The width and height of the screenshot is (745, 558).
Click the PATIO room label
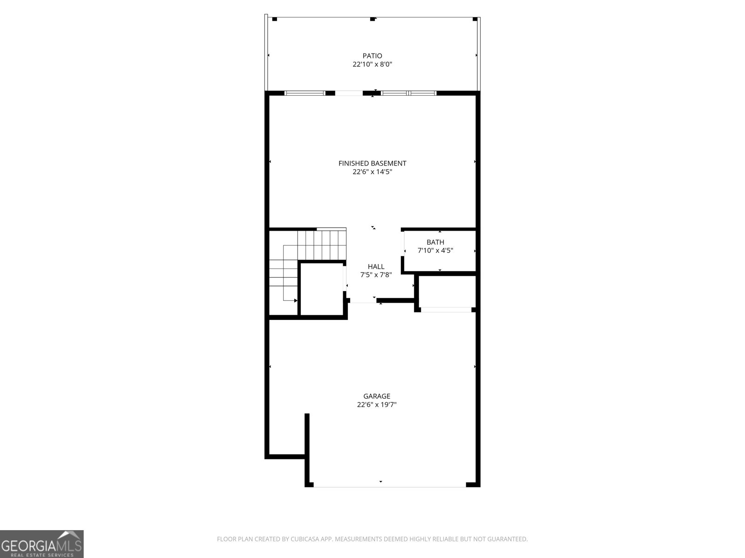click(372, 56)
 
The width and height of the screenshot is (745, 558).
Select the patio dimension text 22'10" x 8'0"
click(372, 65)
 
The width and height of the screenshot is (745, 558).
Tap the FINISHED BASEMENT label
click(372, 163)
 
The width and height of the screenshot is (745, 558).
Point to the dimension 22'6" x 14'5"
click(372, 172)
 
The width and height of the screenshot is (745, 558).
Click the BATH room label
click(435, 242)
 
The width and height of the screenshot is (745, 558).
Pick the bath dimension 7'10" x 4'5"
click(435, 251)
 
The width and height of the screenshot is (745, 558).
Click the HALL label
click(376, 266)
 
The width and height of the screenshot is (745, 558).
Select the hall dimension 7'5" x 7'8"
click(376, 275)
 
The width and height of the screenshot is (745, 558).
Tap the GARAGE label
click(377, 396)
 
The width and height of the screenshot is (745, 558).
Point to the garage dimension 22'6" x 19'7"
click(377, 405)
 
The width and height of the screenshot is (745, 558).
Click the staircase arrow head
click(296, 301)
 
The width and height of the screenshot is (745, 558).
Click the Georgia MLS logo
click(41, 544)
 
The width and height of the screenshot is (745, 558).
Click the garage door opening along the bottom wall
click(390, 486)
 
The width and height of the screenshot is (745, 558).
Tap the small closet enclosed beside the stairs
click(322, 289)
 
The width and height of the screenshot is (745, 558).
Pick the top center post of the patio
click(372, 19)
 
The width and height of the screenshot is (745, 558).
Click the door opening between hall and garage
click(363, 302)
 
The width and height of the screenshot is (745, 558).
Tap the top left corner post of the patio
click(274, 19)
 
